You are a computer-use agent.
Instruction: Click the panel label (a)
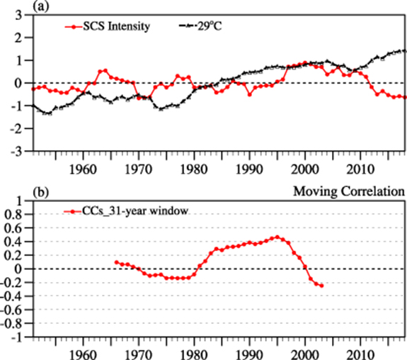point(10,6)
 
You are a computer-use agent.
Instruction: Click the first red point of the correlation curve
point(116,262)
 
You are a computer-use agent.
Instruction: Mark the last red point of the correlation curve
point(321,286)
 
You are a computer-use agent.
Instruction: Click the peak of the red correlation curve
point(277,237)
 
